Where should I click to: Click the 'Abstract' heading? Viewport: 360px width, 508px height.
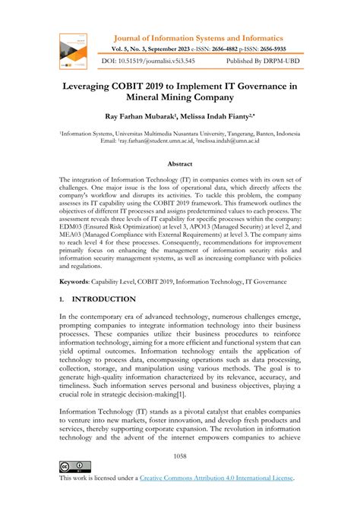[180, 164]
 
